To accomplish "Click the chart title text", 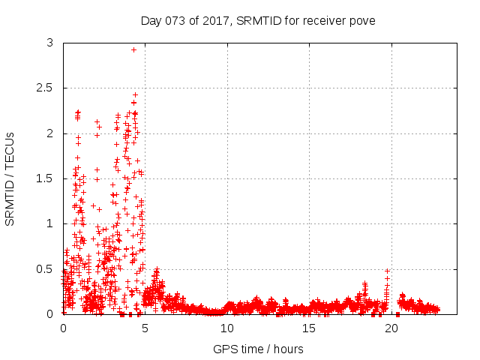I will (x=258, y=20).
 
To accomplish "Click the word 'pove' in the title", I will (x=361, y=20).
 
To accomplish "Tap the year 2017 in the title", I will (x=218, y=20).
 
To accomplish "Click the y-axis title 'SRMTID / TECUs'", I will (x=10, y=178).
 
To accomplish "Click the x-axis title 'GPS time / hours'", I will (x=258, y=349).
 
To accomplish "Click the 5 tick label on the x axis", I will (x=145, y=328).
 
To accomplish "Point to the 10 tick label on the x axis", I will (x=227, y=328).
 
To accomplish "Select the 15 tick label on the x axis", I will (x=309, y=328).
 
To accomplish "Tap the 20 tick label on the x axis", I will (x=391, y=328).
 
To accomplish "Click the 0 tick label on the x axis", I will (x=63, y=328).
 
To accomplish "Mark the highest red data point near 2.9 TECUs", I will (x=133, y=49).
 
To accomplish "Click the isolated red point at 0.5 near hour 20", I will (x=387, y=271).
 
